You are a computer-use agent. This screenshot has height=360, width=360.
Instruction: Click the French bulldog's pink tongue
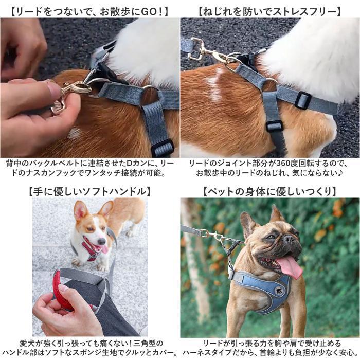[x=290, y=267]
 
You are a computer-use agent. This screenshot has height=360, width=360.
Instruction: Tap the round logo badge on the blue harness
[x=279, y=291]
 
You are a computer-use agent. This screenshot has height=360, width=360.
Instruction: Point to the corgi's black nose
[x=101, y=241]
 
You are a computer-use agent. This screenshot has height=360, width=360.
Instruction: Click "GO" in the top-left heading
[x=148, y=12]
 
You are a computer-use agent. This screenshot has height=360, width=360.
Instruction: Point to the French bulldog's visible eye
[x=271, y=237]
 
